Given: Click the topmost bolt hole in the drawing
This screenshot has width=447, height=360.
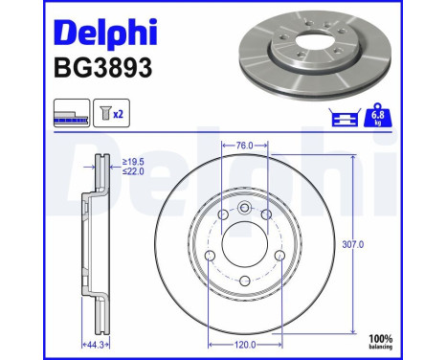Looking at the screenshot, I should (243, 210).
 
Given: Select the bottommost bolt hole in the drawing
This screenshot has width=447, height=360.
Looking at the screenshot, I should (243, 280).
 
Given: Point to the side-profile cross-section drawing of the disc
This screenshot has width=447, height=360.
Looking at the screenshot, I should (97, 244).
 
